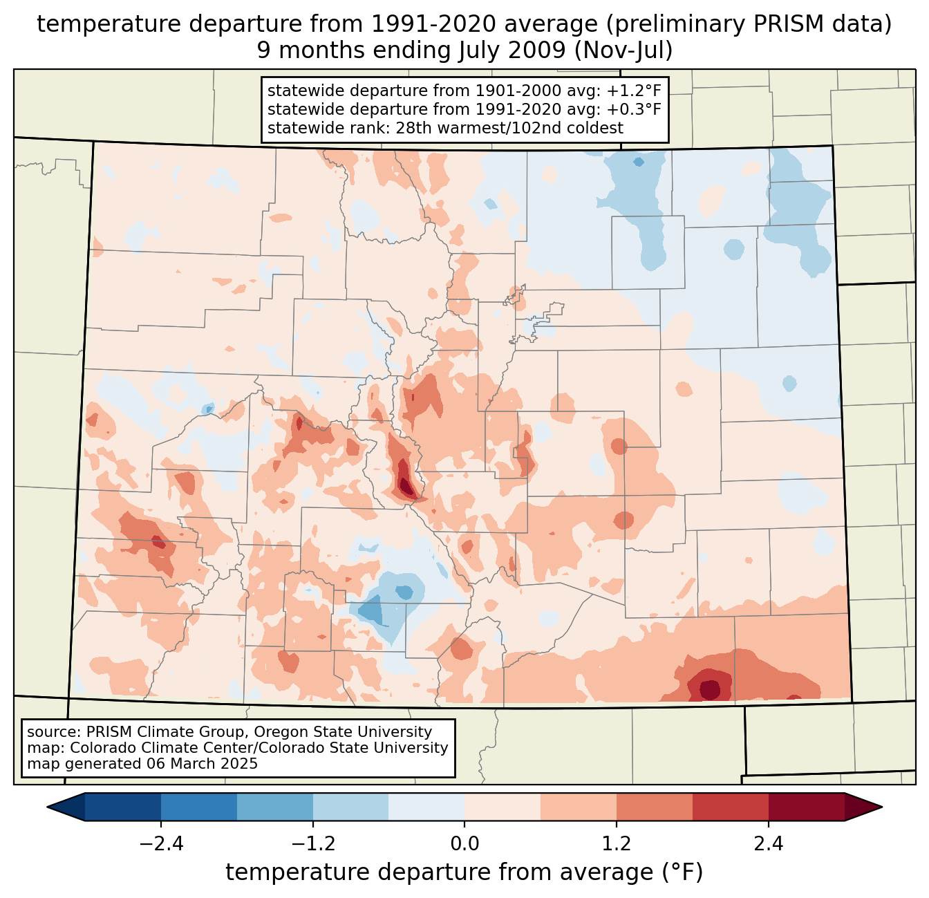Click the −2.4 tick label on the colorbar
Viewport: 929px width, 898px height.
point(160,844)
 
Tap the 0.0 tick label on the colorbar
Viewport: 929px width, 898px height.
point(464,844)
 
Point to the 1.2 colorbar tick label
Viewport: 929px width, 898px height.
point(617,844)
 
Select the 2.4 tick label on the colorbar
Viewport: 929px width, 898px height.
point(769,844)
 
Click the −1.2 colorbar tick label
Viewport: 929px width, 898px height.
point(312,844)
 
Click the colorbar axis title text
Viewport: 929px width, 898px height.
point(464,872)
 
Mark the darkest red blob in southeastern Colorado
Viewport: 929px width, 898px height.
point(710,689)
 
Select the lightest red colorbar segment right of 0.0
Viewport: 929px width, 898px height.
point(503,807)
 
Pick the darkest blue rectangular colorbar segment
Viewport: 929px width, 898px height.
point(123,807)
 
